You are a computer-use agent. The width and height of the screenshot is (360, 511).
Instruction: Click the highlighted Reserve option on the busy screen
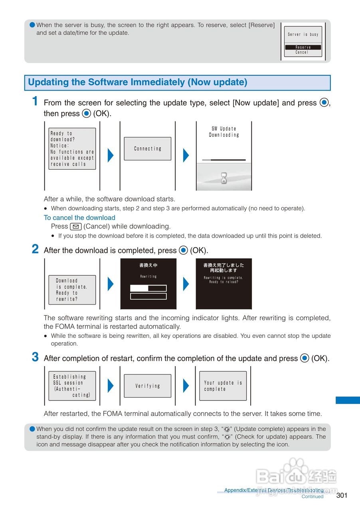click(x=303, y=47)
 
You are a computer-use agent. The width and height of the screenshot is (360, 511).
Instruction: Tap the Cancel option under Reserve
click(x=302, y=52)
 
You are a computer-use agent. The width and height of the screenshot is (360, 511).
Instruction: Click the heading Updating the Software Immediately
click(x=138, y=83)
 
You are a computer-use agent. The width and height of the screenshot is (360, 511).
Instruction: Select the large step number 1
click(x=36, y=101)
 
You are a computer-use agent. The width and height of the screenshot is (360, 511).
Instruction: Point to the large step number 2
click(x=36, y=250)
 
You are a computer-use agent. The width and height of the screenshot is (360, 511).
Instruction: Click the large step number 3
click(x=36, y=357)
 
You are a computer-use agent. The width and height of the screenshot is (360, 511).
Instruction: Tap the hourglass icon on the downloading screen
click(x=224, y=178)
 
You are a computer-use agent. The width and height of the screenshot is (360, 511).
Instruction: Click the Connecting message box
click(x=148, y=149)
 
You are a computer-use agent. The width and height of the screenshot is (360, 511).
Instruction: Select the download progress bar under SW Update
click(x=224, y=160)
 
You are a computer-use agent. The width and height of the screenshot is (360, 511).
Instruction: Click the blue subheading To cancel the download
click(x=79, y=218)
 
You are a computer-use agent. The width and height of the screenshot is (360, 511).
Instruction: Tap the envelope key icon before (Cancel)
click(x=76, y=227)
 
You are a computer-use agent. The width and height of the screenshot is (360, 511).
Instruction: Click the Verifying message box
click(x=148, y=386)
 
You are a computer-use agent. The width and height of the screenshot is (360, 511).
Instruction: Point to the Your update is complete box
click(x=223, y=386)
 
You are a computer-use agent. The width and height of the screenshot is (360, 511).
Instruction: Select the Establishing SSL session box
click(x=72, y=386)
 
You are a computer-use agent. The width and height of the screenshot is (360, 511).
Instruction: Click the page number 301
click(x=342, y=495)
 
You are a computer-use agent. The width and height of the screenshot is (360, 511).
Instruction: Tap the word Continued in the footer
click(x=313, y=497)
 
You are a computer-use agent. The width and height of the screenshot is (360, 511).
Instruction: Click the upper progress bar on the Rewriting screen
click(x=148, y=288)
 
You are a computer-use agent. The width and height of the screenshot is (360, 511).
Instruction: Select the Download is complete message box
click(x=72, y=290)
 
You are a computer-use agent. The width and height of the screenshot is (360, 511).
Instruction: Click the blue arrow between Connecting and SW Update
click(x=186, y=155)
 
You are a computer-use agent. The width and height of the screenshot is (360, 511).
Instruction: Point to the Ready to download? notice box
click(x=72, y=149)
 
